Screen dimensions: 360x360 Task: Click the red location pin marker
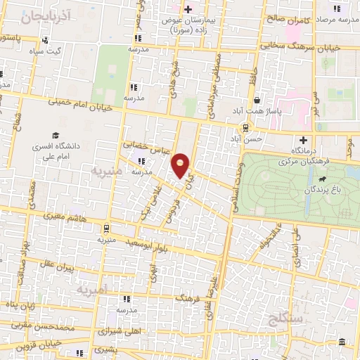click(x=181, y=165)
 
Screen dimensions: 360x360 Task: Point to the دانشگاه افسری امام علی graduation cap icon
click(x=54, y=136)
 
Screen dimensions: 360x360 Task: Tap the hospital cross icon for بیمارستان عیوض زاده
click(x=188, y=9)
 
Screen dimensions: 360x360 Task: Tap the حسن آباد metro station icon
click(x=245, y=127)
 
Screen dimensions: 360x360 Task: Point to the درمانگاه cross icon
click(x=304, y=139)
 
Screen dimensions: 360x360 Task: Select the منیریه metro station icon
click(x=105, y=229)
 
